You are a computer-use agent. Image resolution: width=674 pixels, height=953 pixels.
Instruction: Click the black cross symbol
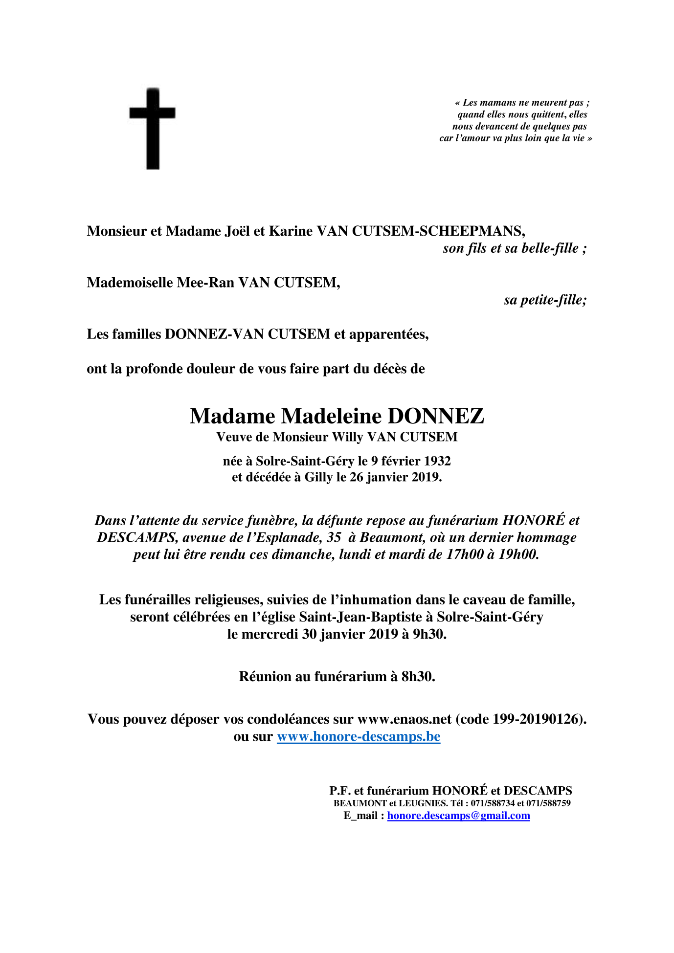153,128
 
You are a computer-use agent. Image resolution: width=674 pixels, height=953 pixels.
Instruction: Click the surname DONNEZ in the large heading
435,416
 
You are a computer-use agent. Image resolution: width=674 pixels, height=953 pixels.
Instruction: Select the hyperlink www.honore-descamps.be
359,736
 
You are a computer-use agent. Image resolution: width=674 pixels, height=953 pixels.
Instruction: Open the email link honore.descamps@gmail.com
458,816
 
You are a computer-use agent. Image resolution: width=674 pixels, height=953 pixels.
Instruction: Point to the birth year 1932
437,461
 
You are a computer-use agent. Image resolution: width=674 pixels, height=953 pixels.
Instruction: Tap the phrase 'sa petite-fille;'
545,300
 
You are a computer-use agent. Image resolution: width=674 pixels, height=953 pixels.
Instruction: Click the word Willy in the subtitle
348,437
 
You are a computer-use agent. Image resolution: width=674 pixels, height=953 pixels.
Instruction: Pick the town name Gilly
318,477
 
